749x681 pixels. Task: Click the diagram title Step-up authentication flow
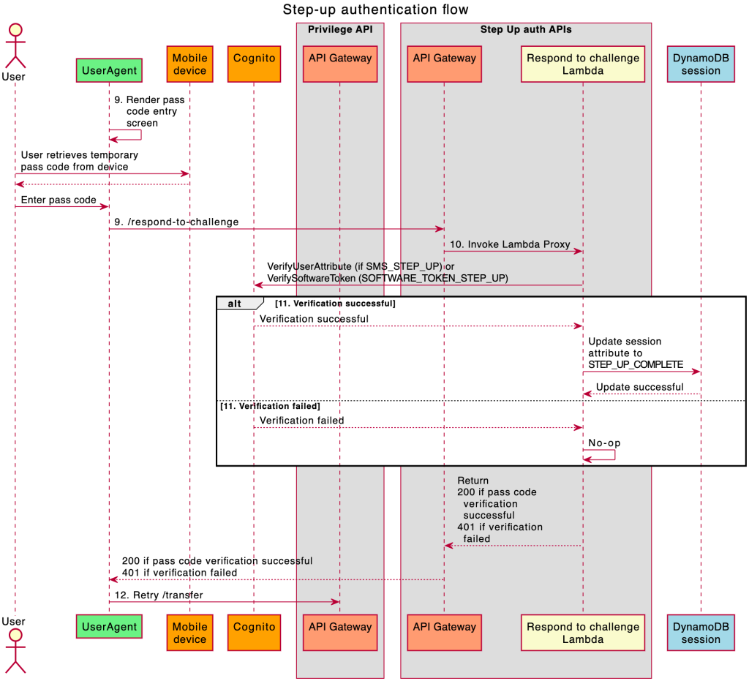coord(375,10)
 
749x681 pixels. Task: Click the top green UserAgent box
coord(109,70)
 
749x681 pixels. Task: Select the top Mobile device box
coord(189,64)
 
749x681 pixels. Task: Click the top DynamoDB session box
coord(701,64)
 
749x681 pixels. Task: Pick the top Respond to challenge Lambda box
coord(583,64)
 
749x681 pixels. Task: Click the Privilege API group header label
coord(339,29)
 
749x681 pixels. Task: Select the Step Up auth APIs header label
coord(525,29)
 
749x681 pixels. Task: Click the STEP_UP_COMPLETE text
coord(636,364)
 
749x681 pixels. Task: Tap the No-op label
coord(604,443)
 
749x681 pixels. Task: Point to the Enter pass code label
coord(59,200)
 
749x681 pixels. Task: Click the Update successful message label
coord(640,387)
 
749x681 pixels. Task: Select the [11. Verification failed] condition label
coord(270,406)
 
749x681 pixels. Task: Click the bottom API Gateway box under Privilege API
coord(339,633)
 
